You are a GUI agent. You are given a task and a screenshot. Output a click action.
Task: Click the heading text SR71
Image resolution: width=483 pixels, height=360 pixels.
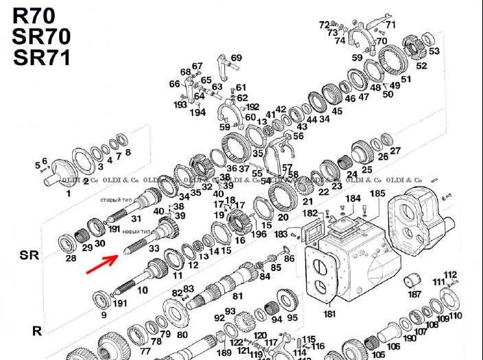(x=41, y=57)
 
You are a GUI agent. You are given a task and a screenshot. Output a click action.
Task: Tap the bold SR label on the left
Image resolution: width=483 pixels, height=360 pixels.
(x=30, y=255)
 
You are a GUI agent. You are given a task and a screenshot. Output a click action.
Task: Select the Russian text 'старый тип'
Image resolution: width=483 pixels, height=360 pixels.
(x=117, y=200)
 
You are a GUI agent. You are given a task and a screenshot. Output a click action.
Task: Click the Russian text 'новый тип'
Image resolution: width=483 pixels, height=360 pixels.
(x=137, y=232)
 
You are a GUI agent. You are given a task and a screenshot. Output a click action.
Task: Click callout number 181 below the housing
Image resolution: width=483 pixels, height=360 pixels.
(x=330, y=314)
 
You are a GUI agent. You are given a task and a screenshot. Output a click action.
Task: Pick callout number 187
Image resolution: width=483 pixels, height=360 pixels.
(x=414, y=294)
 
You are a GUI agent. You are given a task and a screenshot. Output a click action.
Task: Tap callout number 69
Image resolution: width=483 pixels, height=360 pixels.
(x=236, y=58)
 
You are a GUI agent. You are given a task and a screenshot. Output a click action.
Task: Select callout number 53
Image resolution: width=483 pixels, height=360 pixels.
(x=434, y=51)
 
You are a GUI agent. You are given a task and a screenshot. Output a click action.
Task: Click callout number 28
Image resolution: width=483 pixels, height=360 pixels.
(x=70, y=259)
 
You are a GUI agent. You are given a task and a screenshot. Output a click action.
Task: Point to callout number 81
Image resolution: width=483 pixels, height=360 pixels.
(x=238, y=296)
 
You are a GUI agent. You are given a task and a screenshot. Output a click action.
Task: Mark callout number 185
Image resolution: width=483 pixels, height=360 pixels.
(x=377, y=194)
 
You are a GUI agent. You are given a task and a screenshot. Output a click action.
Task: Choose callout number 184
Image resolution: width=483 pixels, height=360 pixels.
(x=353, y=199)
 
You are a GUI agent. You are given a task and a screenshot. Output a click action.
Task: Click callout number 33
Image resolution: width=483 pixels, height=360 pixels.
(x=154, y=248)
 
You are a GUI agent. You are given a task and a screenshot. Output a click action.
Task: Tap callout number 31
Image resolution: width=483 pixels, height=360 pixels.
(x=136, y=219)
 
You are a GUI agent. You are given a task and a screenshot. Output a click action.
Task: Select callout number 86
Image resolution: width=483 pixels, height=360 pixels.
(x=289, y=259)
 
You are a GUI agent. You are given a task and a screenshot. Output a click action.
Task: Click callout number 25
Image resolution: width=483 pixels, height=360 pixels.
(x=367, y=169)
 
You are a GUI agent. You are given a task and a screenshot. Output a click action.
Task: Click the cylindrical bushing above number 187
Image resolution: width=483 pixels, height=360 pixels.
(x=413, y=280)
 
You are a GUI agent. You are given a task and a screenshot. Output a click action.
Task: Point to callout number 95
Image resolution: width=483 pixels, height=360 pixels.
(x=292, y=318)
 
